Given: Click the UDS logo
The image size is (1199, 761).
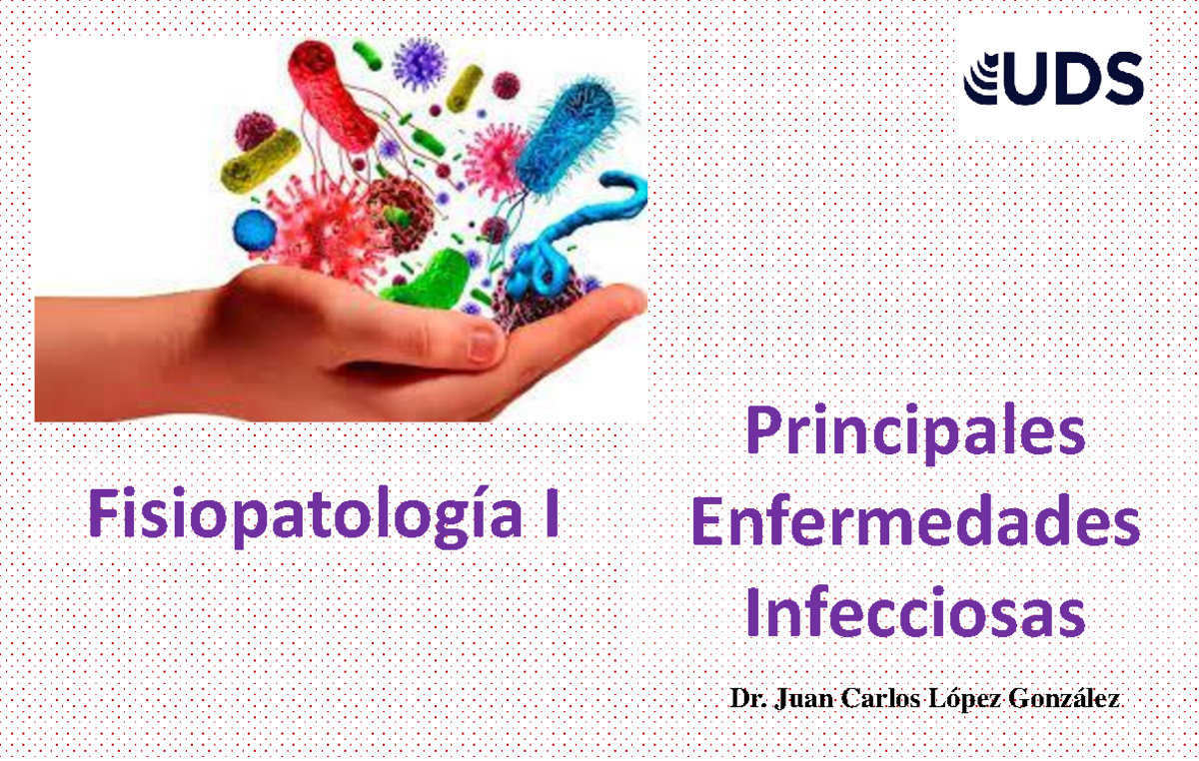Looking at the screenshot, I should point(1053,78).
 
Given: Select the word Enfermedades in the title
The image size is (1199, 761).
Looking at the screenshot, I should point(914,526).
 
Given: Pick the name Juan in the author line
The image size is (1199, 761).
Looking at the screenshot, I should point(803,698).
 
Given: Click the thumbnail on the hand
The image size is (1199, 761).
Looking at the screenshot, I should point(485,345).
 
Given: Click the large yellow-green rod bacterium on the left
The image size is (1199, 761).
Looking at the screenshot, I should point(261,160).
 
